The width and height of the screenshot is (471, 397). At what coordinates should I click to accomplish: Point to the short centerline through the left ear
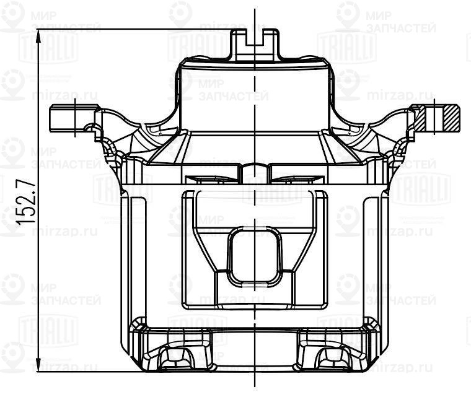pos(76,118)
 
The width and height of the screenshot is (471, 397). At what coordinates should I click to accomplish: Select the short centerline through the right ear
pos(434,116)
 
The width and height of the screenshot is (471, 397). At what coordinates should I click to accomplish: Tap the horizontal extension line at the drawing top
pos(136,30)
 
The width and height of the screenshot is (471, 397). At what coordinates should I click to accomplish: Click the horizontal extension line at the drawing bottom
pos(93,372)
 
